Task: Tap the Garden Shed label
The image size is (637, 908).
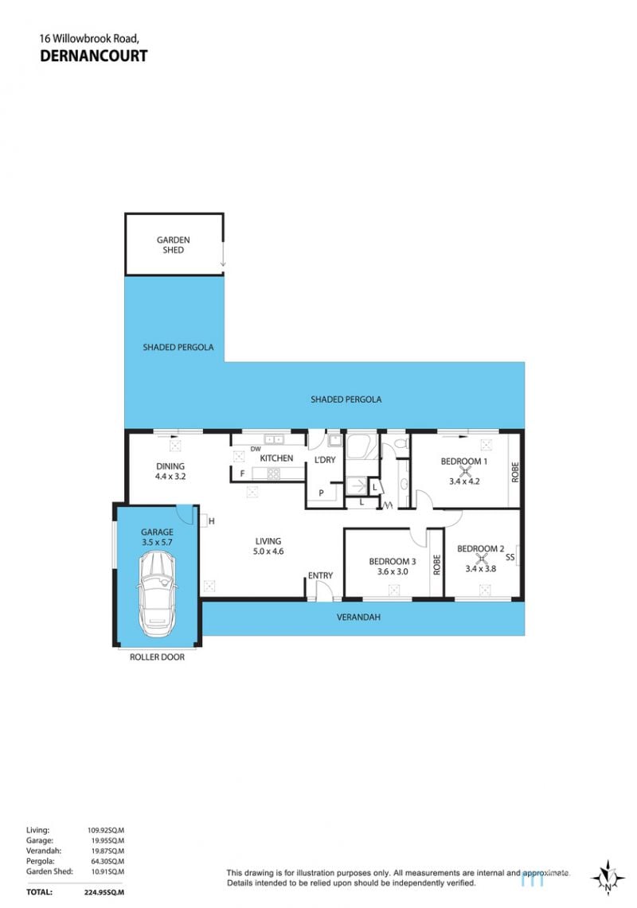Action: pyautogui.click(x=174, y=245)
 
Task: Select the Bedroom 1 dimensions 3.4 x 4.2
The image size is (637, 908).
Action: pyautogui.click(x=464, y=481)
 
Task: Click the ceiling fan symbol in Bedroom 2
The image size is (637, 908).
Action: pyautogui.click(x=480, y=558)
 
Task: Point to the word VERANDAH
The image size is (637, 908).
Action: pyautogui.click(x=359, y=618)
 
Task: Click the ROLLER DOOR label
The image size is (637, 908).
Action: pyautogui.click(x=157, y=657)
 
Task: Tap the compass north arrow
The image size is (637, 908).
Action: pyautogui.click(x=608, y=878)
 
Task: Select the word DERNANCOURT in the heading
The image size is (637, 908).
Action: pyautogui.click(x=93, y=57)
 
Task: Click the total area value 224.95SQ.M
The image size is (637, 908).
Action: pyautogui.click(x=104, y=892)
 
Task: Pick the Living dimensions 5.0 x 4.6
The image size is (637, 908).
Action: pyautogui.click(x=268, y=551)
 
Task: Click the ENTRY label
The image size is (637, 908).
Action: pyautogui.click(x=321, y=575)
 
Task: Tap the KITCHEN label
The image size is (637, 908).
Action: pyautogui.click(x=276, y=458)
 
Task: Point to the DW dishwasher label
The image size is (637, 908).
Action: pyautogui.click(x=256, y=450)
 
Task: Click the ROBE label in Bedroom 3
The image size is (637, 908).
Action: pyautogui.click(x=437, y=564)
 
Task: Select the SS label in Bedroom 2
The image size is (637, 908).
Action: pyautogui.click(x=510, y=558)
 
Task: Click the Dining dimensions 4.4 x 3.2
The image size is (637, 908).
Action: pyautogui.click(x=170, y=477)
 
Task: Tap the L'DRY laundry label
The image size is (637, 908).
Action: pyautogui.click(x=325, y=460)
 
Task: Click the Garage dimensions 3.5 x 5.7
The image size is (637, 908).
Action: pyautogui.click(x=157, y=543)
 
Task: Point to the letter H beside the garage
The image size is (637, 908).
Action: pyautogui.click(x=212, y=521)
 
